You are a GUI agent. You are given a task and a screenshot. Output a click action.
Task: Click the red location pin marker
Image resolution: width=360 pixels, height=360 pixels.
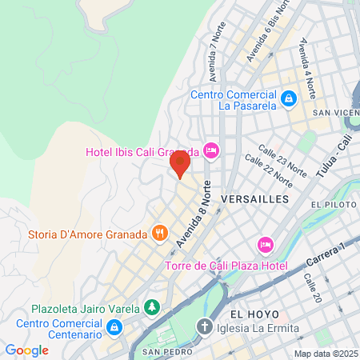click(180, 164)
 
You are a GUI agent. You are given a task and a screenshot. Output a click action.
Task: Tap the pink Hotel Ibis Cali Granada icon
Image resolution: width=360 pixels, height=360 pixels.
click(211, 150)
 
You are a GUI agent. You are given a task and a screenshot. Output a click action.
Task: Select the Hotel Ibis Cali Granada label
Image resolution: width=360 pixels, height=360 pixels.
click(143, 151)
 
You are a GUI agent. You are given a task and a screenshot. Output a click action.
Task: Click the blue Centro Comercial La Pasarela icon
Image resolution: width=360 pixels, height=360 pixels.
click(289, 99)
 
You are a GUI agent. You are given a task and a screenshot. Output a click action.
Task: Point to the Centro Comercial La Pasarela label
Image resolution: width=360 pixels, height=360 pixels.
click(233, 98)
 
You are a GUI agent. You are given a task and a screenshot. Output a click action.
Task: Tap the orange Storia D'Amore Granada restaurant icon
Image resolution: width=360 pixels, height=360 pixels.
click(160, 234)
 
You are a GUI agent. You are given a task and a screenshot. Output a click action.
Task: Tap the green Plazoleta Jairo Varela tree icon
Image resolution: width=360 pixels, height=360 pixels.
click(152, 307)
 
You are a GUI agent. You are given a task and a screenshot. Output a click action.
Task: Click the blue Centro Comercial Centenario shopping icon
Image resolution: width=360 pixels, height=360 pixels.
click(114, 326)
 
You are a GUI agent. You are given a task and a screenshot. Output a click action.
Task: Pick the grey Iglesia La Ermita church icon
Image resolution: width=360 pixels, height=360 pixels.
click(205, 327)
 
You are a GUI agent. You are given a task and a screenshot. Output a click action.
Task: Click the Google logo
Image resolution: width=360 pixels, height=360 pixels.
click(26, 350)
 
